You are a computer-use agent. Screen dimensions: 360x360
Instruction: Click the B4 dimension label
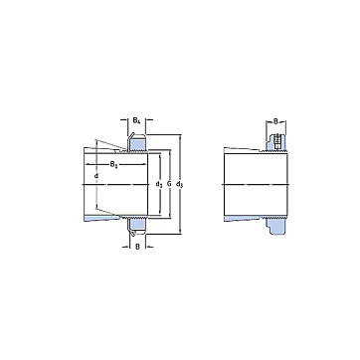(136, 120)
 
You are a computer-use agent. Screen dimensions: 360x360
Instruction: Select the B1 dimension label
(113, 164)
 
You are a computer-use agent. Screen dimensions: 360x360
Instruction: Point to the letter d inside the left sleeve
(96, 176)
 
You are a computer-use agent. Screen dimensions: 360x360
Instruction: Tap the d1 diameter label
(159, 184)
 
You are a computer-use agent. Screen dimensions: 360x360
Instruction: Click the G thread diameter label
(169, 184)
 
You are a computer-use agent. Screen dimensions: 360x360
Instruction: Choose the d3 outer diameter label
(180, 184)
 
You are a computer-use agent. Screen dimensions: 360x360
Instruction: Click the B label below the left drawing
(137, 247)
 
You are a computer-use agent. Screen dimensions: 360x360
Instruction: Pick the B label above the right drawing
(275, 121)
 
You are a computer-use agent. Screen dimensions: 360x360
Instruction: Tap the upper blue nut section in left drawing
(138, 143)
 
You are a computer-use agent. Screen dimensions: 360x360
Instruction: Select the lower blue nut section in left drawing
(138, 226)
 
